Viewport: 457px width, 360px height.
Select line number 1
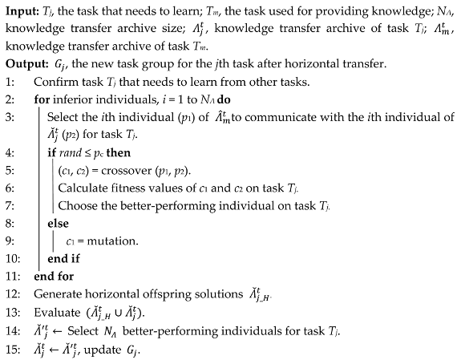click(8, 82)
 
